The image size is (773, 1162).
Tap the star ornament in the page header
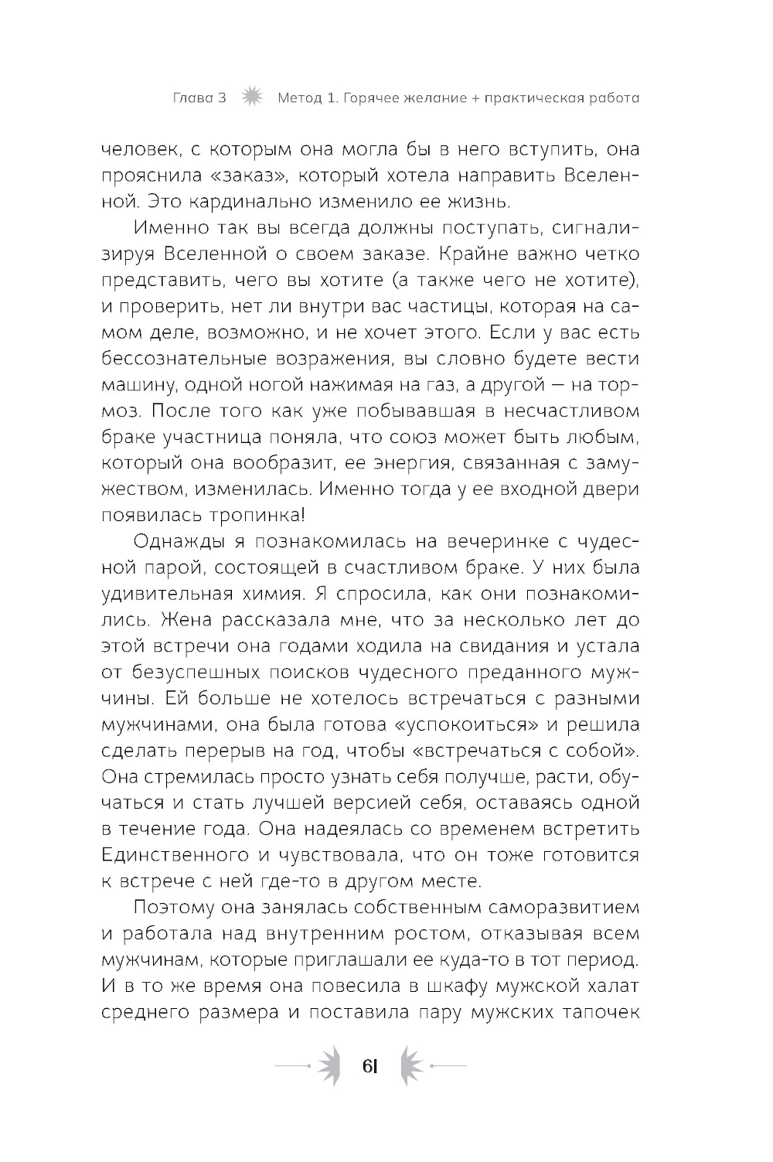pyautogui.click(x=250, y=97)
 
